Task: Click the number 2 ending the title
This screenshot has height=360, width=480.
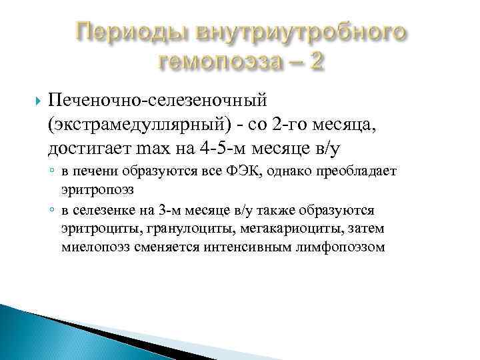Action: point(318,61)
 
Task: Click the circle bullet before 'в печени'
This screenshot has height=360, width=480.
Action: point(51,172)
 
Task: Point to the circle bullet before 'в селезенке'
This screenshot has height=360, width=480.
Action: point(51,211)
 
